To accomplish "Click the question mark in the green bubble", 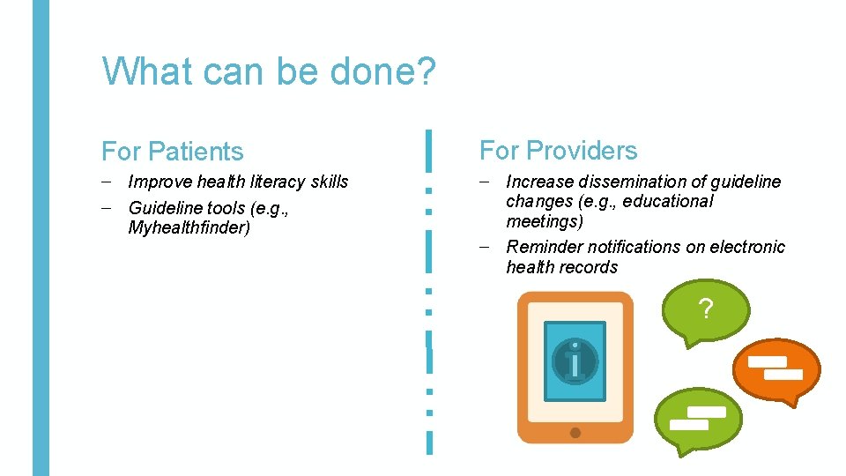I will coord(705,309).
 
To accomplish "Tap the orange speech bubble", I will coord(776,368).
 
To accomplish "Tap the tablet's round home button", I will coord(575,432).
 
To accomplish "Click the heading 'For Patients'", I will coord(172,152).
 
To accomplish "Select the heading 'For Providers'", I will coord(558,151).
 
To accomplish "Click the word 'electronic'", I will coord(746,248).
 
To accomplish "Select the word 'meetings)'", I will coord(545,221).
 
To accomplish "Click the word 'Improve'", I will coord(160,182).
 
